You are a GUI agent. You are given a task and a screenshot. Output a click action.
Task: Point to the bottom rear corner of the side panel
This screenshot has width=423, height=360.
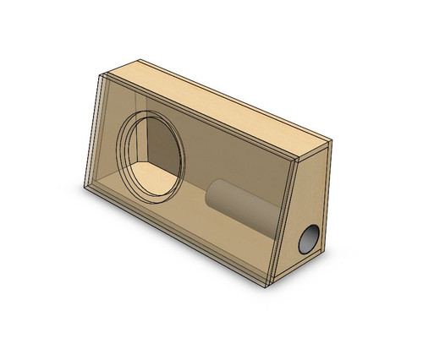(322, 251)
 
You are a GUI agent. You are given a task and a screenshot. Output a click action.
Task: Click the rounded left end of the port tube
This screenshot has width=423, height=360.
(215, 197)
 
